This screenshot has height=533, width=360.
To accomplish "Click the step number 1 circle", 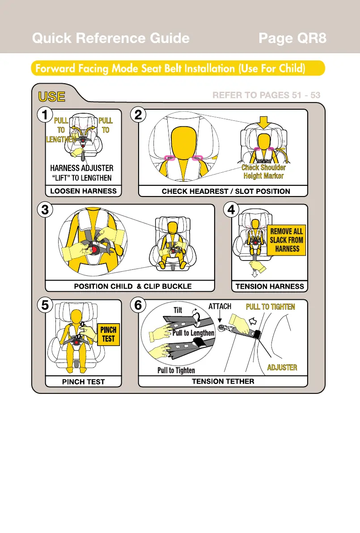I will point(44,115).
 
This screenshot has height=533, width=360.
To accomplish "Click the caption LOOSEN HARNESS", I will point(84,191).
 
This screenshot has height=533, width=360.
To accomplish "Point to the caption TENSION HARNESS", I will point(270,286).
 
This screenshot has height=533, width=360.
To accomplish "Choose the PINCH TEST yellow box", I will point(108,334).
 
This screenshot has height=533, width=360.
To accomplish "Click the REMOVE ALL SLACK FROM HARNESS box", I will point(286,240).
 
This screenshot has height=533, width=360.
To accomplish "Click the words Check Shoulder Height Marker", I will point(263,171).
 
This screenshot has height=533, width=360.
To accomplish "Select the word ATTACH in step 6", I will point(220,307).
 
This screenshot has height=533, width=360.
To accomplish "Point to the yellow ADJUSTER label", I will point(282,367).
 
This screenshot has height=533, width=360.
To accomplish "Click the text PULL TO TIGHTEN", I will point(271,307).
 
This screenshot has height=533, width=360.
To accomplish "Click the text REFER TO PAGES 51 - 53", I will point(266,95).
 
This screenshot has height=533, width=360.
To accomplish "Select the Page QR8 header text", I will point(292,38).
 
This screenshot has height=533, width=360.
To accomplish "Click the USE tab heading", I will point(51,97).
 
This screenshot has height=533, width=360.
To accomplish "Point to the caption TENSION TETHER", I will point(223,381).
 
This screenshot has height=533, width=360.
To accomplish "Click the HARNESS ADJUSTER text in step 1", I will point(82,168).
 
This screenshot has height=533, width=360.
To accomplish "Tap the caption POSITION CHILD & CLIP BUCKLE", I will point(132,286).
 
